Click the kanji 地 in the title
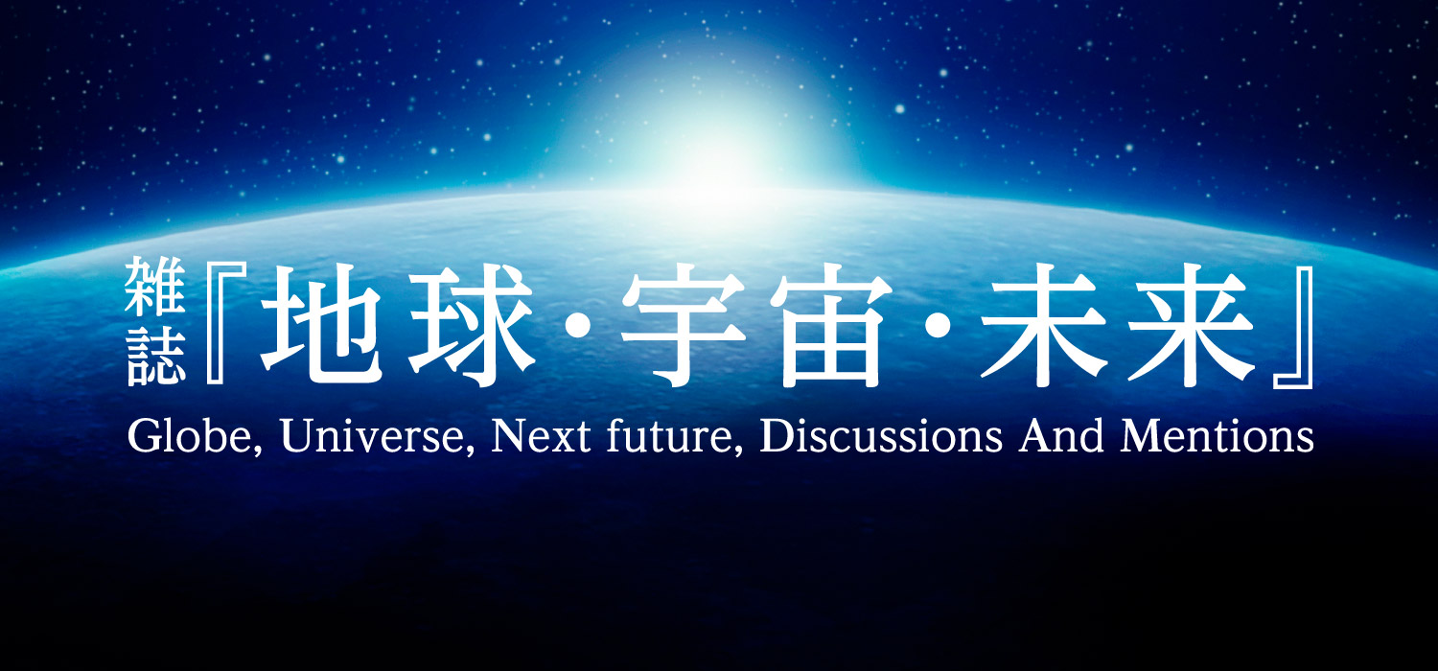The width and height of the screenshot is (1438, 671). point(322,325)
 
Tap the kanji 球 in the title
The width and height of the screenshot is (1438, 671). point(472,325)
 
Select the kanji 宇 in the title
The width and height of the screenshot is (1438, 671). point(683,325)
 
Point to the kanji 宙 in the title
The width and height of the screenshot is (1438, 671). point(831,325)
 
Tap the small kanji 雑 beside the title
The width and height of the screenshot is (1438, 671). point(154,287)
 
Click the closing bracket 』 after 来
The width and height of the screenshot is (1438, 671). point(1293,328)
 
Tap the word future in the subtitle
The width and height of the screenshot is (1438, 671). point(675,436)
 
